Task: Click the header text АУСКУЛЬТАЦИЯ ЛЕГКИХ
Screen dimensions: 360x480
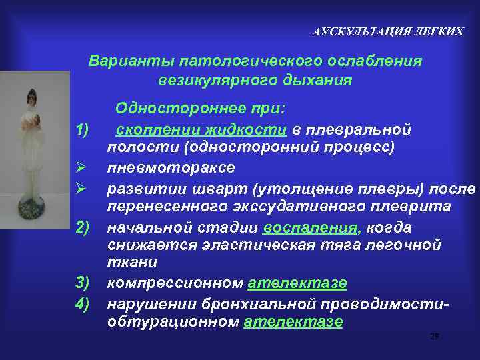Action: tap(388, 31)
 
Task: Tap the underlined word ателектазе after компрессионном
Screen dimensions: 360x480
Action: tap(297, 283)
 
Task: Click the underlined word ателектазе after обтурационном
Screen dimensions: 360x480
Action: tap(293, 321)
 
